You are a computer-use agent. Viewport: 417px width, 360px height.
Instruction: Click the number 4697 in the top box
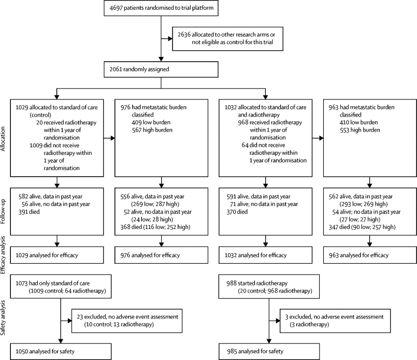[116, 8]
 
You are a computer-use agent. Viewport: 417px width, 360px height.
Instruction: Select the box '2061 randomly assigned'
[161, 69]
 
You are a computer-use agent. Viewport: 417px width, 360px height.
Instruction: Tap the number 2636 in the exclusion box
[184, 35]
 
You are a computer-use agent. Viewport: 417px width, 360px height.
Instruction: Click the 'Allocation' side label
[3, 139]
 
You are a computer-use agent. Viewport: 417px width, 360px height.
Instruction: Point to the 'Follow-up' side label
[3, 211]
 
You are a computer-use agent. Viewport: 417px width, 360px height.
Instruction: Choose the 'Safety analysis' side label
[3, 318]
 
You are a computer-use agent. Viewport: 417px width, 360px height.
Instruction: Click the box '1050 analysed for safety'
[61, 352]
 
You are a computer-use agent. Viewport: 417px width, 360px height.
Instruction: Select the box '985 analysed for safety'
[269, 352]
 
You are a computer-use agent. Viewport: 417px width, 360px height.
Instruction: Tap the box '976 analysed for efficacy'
[161, 255]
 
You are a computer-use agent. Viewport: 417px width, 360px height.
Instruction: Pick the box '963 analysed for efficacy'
[370, 255]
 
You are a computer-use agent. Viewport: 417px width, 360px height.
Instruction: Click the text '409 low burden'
[151, 123]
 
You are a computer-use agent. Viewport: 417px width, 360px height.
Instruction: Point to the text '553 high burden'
[360, 130]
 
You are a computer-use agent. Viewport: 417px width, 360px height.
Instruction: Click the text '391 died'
[29, 212]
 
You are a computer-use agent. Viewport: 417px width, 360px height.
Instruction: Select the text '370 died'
[237, 212]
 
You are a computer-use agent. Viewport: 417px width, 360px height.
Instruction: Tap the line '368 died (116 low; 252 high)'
[155, 227]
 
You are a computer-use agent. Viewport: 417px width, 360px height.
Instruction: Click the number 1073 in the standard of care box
[21, 283]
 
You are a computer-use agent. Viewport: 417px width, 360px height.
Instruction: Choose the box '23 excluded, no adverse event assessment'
[127, 321]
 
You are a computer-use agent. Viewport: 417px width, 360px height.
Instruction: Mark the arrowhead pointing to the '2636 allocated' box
[170, 38]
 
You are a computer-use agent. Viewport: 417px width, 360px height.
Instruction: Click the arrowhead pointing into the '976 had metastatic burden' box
[112, 138]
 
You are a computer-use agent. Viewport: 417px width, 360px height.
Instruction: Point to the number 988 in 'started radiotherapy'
[232, 283]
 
